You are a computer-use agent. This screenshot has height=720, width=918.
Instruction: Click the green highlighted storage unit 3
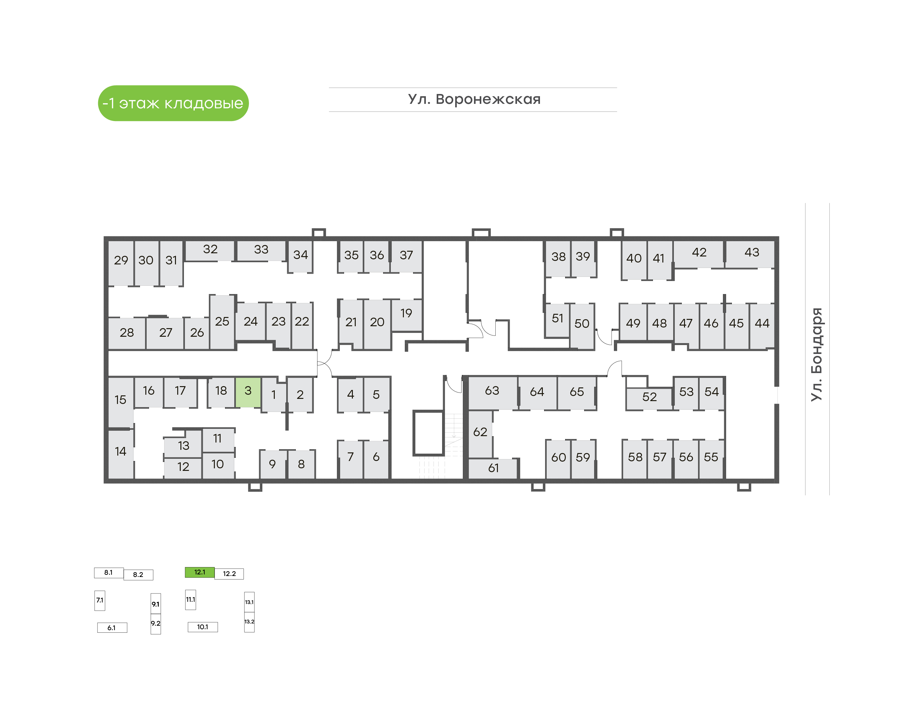[x=248, y=392]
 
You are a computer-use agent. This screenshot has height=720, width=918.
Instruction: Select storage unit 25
[x=222, y=322]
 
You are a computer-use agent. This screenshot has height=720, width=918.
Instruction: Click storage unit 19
[x=406, y=315]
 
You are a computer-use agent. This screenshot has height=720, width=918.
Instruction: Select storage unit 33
[x=261, y=250]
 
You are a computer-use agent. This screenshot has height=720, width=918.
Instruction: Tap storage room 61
[x=493, y=468]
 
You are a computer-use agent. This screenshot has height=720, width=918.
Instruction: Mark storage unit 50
[x=582, y=325]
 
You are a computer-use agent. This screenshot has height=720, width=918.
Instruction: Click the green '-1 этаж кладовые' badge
[x=173, y=103]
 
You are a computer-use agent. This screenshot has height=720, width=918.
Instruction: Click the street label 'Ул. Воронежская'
[x=474, y=99]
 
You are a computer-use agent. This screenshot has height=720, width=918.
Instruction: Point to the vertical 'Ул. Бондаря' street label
[x=817, y=355]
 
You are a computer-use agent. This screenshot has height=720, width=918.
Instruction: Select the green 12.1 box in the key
[x=200, y=572]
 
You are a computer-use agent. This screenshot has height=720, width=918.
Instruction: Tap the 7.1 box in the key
[x=99, y=600]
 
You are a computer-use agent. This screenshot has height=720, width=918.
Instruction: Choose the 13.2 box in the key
[x=249, y=622]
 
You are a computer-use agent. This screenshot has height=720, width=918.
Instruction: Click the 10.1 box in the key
[x=203, y=627]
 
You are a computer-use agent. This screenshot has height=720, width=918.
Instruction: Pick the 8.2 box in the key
[x=138, y=575]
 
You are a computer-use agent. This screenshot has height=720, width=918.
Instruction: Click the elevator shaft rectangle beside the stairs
[x=428, y=433]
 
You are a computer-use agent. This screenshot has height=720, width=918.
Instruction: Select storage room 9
[x=273, y=464]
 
